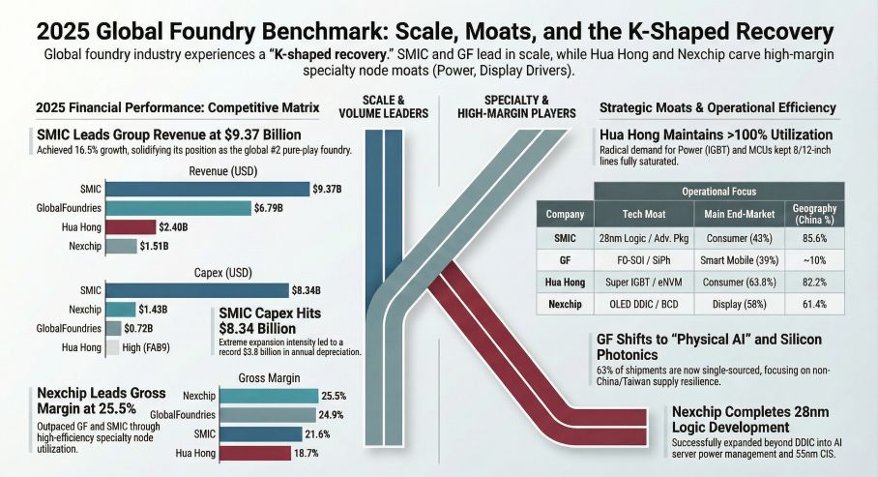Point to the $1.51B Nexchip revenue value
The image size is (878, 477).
click(154, 246)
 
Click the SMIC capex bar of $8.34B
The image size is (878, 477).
click(197, 289)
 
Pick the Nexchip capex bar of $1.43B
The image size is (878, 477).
click(121, 309)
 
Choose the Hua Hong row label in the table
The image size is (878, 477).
click(565, 282)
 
